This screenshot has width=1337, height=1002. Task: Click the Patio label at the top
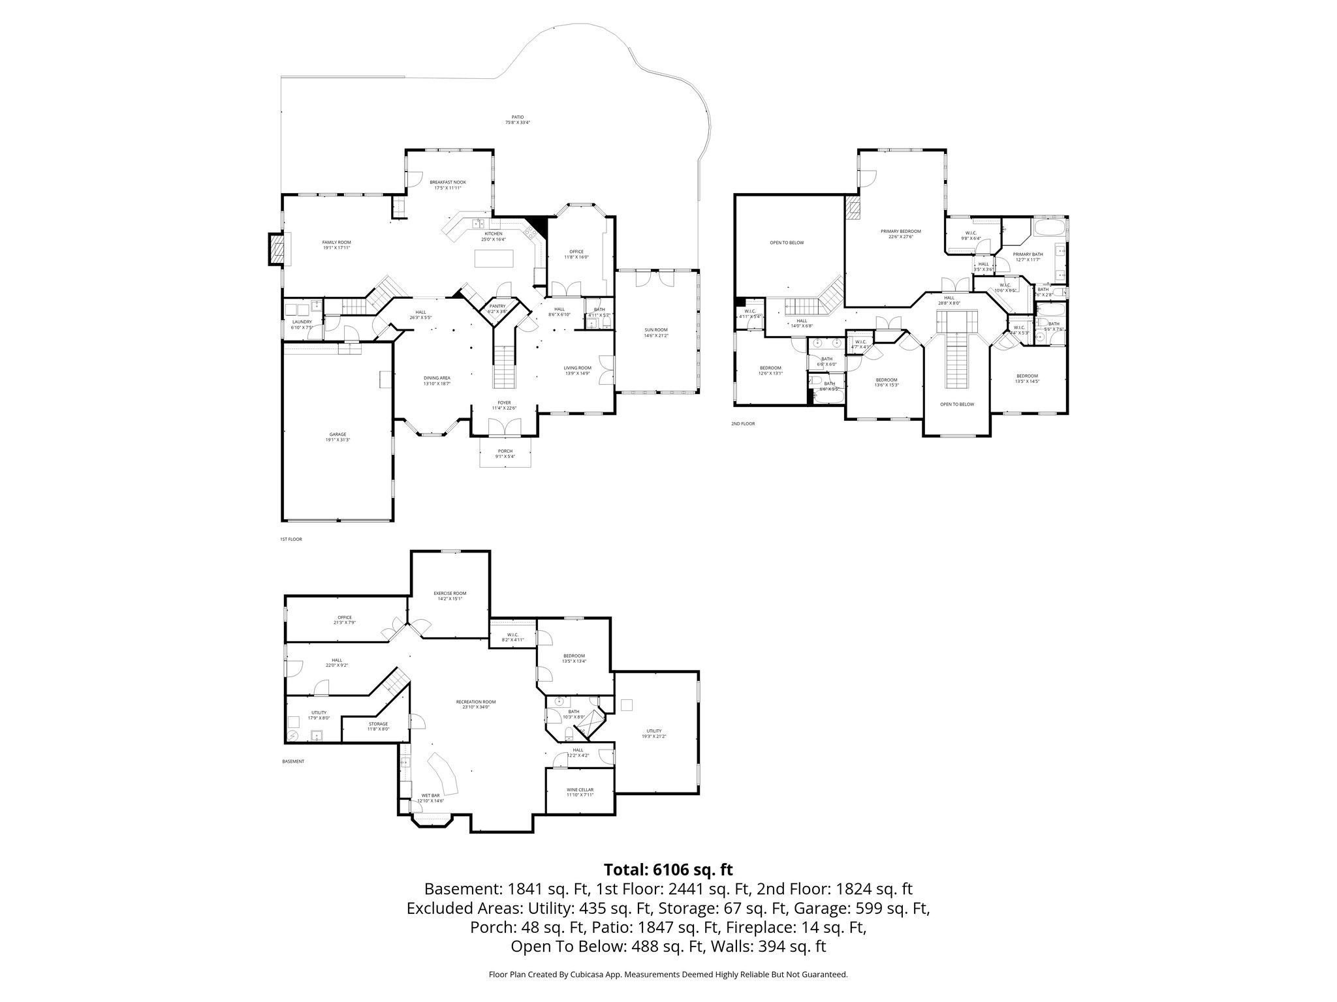point(517,120)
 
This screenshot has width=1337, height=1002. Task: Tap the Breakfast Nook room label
point(448,185)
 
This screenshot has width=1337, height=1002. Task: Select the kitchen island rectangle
point(494,258)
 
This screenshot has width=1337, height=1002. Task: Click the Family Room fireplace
point(277,249)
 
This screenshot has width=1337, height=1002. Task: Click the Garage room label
point(338,437)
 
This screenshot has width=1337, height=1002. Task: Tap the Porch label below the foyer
point(505,453)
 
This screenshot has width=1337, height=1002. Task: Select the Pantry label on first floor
point(497,309)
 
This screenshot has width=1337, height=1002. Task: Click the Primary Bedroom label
point(900,234)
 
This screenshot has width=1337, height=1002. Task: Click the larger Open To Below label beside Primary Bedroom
point(787,243)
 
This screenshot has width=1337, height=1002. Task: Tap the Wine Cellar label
point(580,792)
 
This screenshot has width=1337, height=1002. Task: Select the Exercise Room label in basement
point(450,596)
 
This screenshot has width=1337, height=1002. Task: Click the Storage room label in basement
point(378,726)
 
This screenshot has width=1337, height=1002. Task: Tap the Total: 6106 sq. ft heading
point(668,870)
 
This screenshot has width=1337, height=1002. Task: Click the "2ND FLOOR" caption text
point(743,423)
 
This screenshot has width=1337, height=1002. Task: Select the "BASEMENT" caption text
point(293,761)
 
